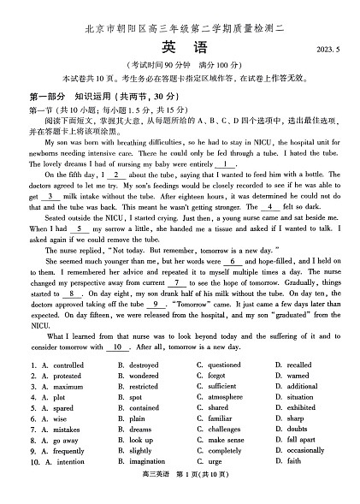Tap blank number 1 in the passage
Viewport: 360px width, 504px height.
tap(225, 164)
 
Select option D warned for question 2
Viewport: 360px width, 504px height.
tap(298, 376)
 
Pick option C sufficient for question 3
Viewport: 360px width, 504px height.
tap(221, 387)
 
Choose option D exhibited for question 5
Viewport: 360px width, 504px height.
tap(301, 408)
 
